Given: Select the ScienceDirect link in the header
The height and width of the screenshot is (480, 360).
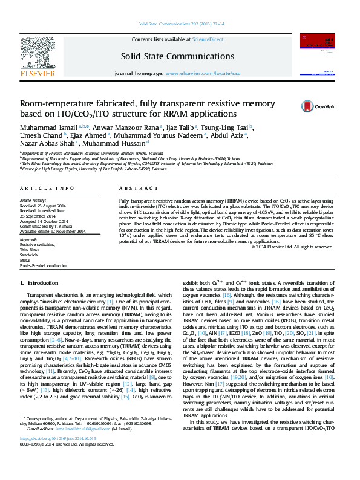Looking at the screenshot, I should coord(208,39).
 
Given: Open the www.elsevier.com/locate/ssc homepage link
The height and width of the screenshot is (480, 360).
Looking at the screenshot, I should coord(203,73).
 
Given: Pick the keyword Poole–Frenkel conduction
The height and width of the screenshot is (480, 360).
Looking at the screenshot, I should coord(44,265).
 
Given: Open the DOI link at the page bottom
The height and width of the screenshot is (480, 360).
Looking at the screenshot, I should coord(58,455).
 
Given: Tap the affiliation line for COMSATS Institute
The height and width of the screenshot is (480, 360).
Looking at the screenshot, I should coord(146,163).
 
